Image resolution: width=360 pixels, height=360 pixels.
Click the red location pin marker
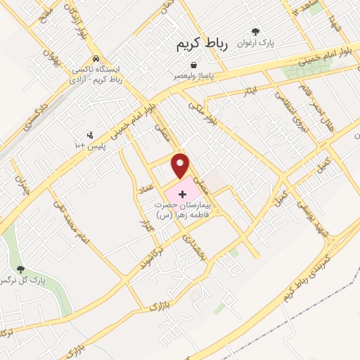(x=181, y=165)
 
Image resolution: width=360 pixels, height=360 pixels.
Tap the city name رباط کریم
(x=202, y=44)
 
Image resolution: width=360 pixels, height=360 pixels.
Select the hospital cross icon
(x=183, y=192)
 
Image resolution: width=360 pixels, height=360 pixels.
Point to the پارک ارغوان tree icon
(x=255, y=32)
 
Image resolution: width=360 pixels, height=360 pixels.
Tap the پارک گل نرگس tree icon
(x=20, y=269)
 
